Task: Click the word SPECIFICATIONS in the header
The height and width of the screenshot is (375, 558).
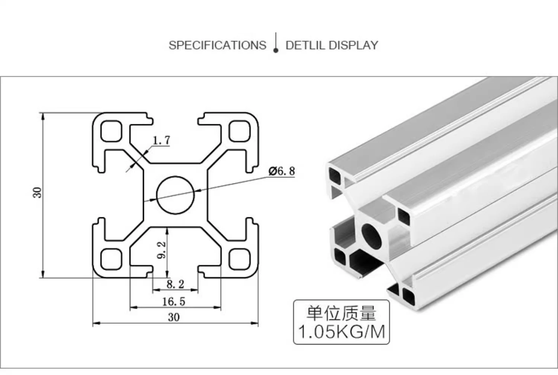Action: coord(217,45)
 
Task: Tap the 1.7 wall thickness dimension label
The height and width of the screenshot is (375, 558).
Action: coord(161,140)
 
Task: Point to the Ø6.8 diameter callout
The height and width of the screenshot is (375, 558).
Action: coord(282,171)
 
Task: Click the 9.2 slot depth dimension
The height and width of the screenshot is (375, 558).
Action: coord(162,250)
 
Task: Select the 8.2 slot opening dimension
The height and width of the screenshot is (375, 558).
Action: coord(175,284)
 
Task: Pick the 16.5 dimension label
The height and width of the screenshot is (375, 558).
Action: coord(173,301)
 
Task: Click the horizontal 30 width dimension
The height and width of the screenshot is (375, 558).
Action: coord(173,317)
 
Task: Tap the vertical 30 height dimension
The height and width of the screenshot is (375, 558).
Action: coord(38,192)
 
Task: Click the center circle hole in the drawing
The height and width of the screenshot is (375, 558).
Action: coord(176,195)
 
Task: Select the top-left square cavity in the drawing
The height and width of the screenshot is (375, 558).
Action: coord(111,131)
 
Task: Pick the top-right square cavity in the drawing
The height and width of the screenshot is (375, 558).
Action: coord(239,131)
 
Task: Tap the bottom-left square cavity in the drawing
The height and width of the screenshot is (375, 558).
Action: coord(111,259)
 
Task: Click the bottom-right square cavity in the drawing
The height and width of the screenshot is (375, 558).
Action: coord(239,259)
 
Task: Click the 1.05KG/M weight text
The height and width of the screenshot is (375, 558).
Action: coord(341,331)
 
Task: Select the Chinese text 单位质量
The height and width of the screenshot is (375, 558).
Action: coord(341,313)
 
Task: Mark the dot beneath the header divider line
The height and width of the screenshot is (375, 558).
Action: coord(276,50)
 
